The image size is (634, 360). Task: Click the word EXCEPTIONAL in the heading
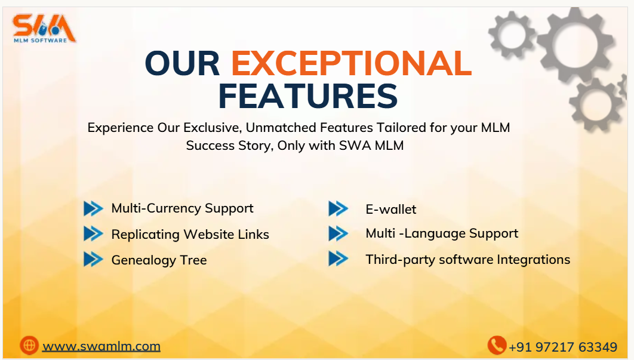click(351, 63)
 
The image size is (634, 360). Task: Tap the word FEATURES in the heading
click(307, 96)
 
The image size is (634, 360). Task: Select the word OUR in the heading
click(183, 63)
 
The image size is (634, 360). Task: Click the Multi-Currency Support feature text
click(182, 208)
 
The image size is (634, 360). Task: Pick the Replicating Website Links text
click(190, 234)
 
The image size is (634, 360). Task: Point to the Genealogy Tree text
click(159, 260)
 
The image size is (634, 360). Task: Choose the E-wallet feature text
click(391, 209)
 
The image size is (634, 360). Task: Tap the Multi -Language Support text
click(442, 233)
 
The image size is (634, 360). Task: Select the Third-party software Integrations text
click(467, 259)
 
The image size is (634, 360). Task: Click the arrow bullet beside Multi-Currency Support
click(93, 208)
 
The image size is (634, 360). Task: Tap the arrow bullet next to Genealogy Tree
click(93, 259)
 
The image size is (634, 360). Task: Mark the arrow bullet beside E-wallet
click(338, 208)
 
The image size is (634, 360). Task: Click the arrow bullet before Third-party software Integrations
click(338, 259)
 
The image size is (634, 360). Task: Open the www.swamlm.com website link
click(101, 346)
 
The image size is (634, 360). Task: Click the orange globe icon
click(29, 345)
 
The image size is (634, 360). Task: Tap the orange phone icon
click(497, 345)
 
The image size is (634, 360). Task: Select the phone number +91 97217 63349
click(562, 347)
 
